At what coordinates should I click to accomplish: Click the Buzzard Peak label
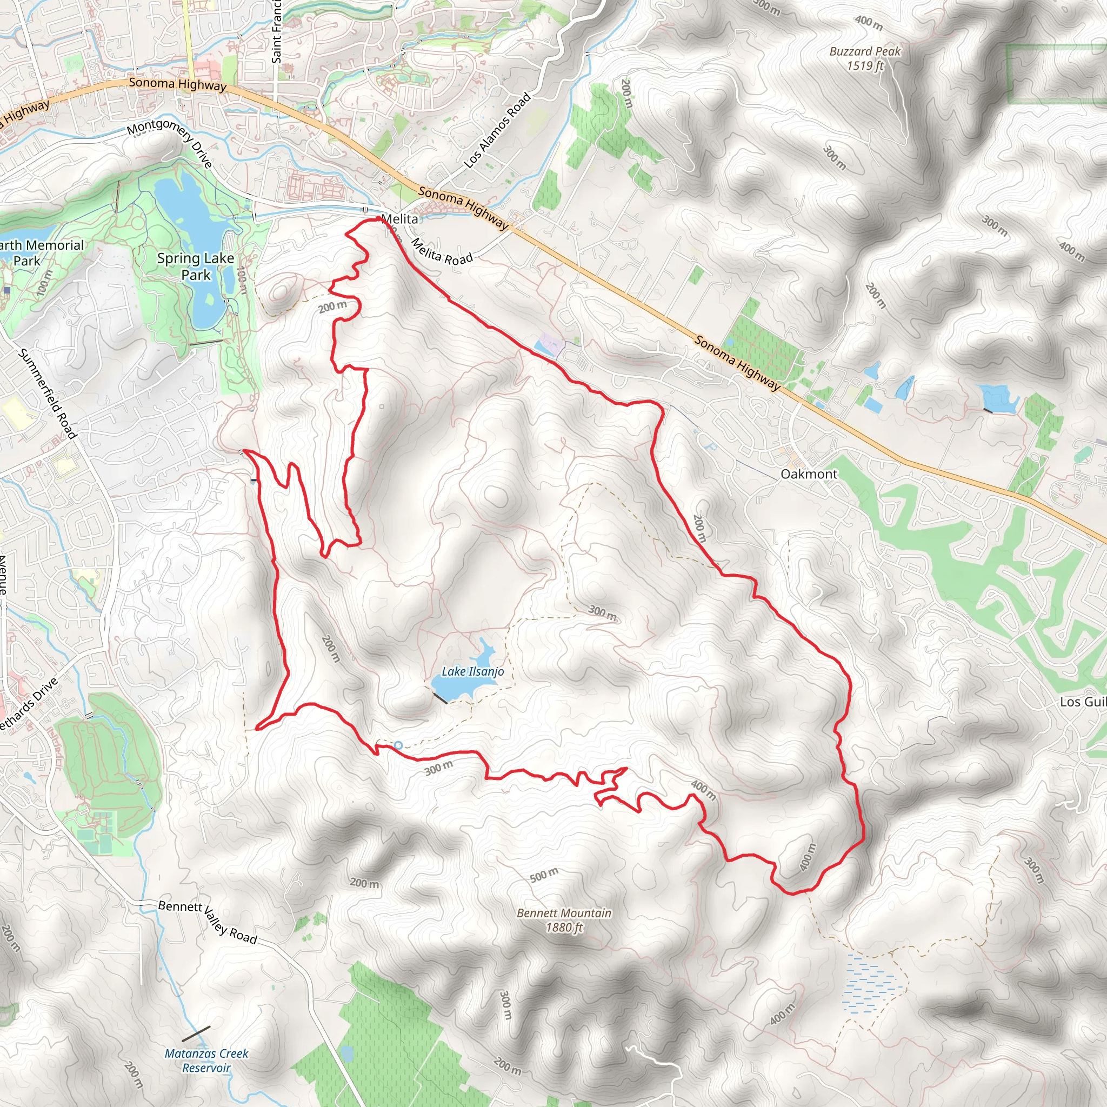[865, 51]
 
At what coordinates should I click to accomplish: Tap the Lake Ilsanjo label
[473, 671]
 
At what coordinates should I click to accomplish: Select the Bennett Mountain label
[564, 913]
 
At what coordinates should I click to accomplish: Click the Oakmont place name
[809, 474]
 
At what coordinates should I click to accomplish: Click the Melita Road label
[442, 252]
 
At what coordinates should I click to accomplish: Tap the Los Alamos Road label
[497, 131]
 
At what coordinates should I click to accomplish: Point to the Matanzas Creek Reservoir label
[206, 1061]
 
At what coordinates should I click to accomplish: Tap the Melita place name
[399, 219]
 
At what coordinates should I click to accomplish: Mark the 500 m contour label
[544, 875]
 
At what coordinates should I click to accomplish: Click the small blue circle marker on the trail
[398, 745]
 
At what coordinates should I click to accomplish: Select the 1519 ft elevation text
[865, 66]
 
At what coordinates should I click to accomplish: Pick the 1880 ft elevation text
[564, 927]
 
